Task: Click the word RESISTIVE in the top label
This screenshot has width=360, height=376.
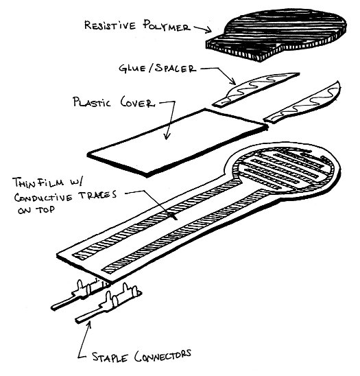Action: (x=110, y=25)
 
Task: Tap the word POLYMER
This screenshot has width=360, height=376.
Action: (x=167, y=25)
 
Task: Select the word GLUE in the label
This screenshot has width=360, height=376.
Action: (x=132, y=69)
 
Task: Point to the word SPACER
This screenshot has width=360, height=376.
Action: (x=176, y=69)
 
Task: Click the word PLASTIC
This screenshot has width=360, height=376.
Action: (x=92, y=102)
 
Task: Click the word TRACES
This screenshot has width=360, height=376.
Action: (x=98, y=194)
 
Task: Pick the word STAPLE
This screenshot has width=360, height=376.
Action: (x=110, y=357)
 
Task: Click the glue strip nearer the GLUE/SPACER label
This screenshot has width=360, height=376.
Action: (x=256, y=89)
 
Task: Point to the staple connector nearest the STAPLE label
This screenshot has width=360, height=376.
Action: (x=108, y=303)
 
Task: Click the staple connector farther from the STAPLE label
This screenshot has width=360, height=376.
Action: (x=80, y=294)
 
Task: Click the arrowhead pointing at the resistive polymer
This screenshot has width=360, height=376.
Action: (x=208, y=30)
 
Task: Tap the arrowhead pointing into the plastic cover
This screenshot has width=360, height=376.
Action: (x=167, y=137)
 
